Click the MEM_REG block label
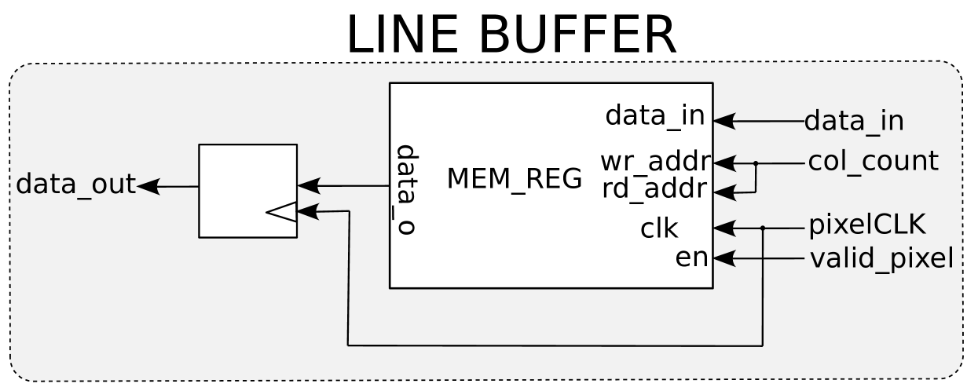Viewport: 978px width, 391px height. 515,179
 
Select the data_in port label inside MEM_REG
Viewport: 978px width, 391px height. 654,116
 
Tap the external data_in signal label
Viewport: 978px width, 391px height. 854,121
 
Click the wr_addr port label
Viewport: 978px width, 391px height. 656,162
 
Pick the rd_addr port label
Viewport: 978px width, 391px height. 656,189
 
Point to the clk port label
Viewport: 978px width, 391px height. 659,228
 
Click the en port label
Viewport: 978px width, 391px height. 691,258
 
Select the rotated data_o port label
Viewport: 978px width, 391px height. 405,189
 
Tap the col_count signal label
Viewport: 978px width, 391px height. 873,161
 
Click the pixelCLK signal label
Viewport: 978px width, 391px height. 866,225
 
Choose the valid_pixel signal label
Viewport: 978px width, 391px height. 881,258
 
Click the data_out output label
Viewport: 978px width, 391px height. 75,185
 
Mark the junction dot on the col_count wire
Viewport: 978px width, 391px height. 756,163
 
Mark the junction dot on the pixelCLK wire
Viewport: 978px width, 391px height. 763,228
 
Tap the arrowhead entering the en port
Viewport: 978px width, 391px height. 723,258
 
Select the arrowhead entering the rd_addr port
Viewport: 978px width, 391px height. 723,192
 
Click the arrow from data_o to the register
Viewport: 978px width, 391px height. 309,186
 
